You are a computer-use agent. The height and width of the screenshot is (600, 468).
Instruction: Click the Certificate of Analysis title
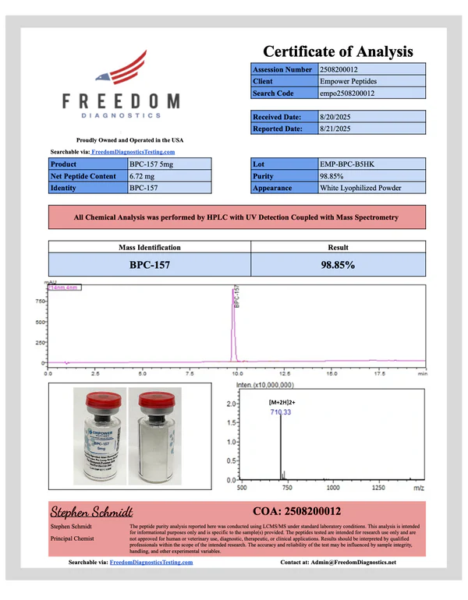pos(338,52)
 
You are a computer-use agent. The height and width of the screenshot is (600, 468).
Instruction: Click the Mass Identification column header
pos(149,246)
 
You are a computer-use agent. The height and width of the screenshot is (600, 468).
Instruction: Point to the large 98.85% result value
pos(339,264)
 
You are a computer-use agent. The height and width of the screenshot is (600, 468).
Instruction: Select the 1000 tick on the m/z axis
pos(332,487)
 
